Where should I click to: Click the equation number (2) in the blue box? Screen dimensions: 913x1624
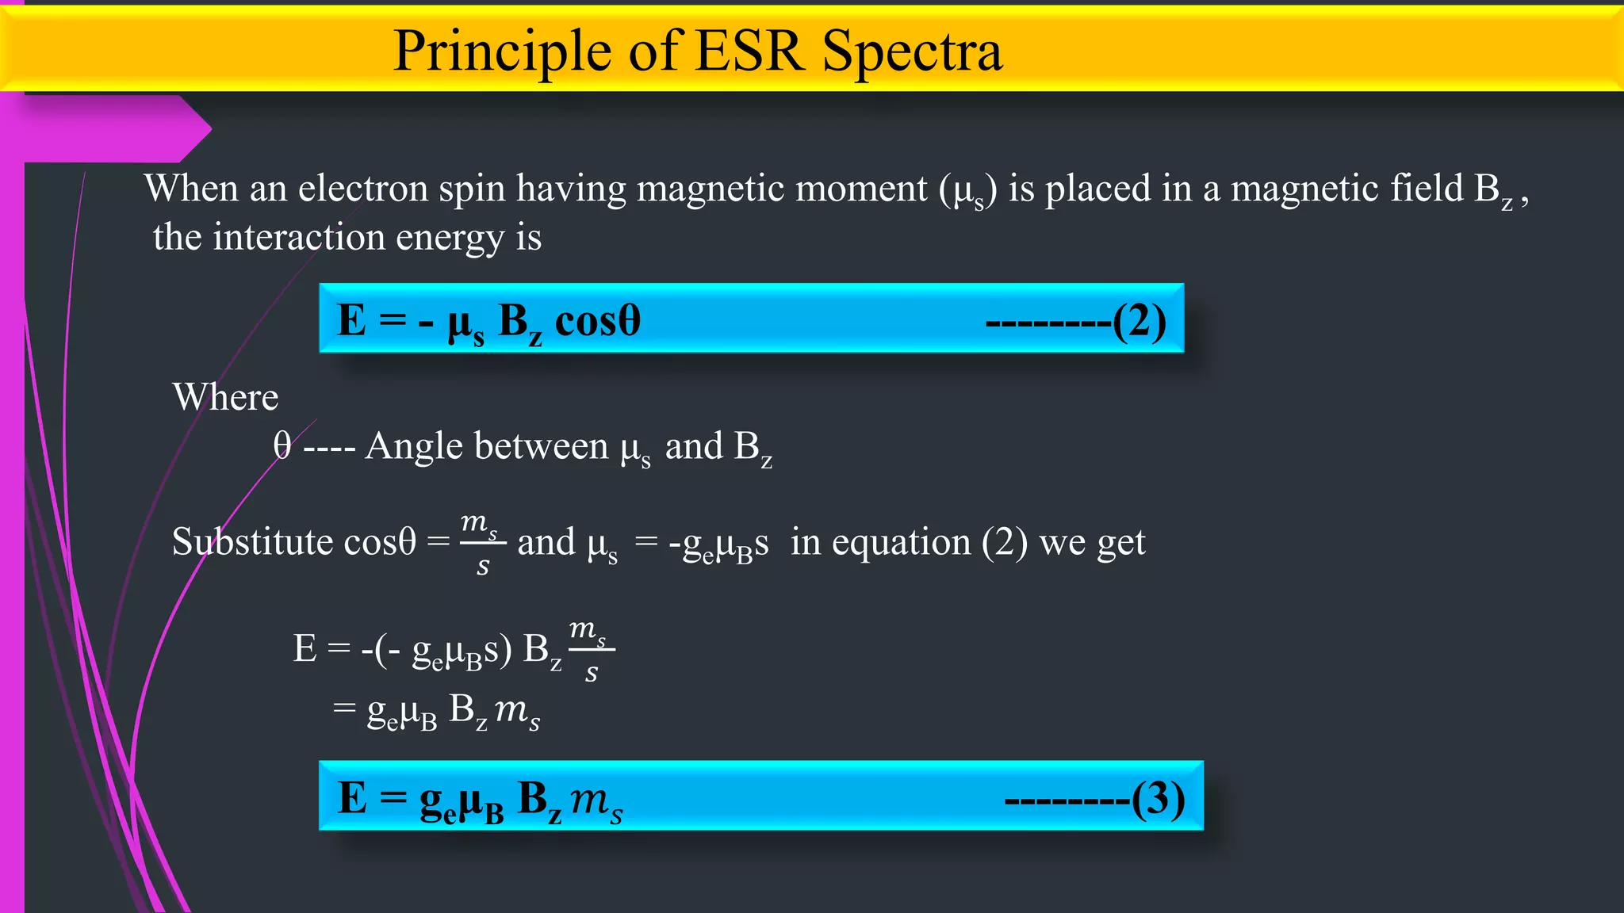[x=1139, y=321]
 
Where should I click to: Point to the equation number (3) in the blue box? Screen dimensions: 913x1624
[x=1158, y=798]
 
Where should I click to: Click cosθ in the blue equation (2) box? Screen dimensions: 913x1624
[x=597, y=321]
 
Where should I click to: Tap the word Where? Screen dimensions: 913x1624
[x=226, y=397]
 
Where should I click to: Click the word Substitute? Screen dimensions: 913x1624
[x=252, y=542]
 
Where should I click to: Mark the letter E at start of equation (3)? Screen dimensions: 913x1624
[x=351, y=797]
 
